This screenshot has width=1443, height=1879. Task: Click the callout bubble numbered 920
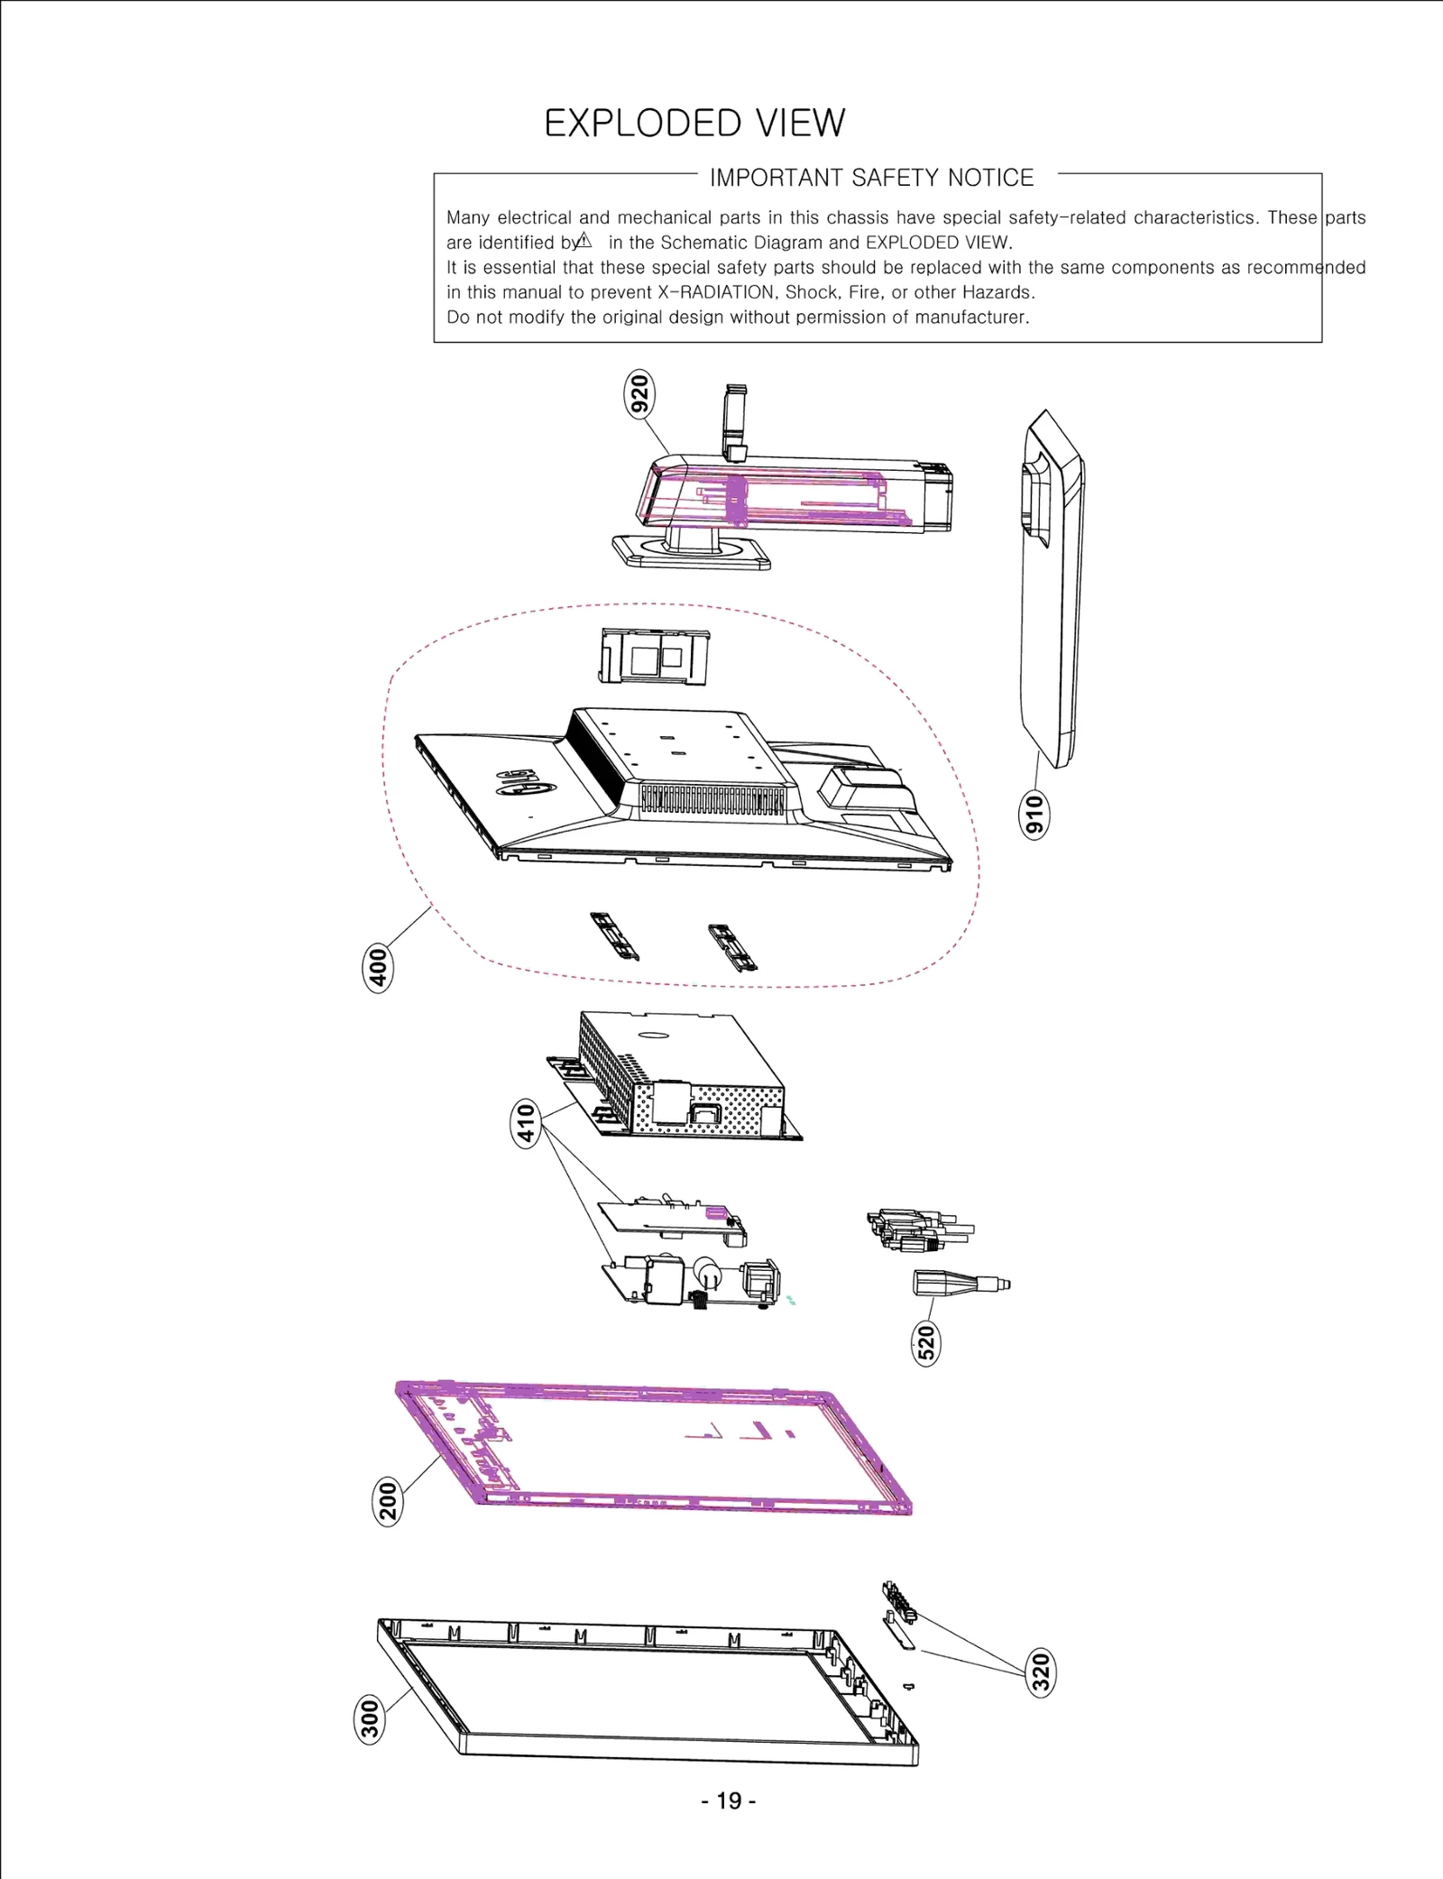(639, 394)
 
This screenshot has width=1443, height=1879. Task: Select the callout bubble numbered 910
(1034, 815)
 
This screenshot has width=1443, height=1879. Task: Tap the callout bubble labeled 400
(379, 967)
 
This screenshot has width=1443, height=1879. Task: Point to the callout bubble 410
(526, 1122)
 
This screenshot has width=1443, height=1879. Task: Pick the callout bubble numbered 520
(926, 1341)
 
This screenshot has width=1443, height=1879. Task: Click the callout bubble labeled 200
(388, 1501)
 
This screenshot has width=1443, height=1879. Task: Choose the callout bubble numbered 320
(1041, 1672)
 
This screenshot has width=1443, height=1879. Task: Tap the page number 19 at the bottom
(729, 1801)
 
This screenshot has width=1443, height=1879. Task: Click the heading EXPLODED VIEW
(694, 124)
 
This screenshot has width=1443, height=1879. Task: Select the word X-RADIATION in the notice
(716, 292)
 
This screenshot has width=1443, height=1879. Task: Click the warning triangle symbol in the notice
(584, 241)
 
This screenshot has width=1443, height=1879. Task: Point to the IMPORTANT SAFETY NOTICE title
(871, 178)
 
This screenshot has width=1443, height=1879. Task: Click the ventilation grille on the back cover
(712, 799)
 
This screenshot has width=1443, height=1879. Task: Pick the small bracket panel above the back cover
(655, 656)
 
